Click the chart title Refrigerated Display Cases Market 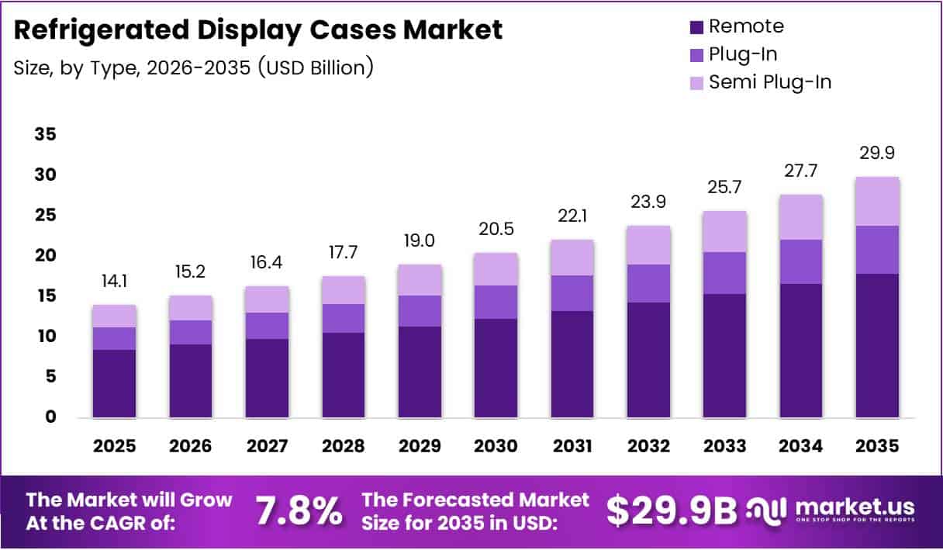258,30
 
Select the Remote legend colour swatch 696,27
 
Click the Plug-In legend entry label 742,54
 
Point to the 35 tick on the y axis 46,135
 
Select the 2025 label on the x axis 114,446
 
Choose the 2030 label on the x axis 496,446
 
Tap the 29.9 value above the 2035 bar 877,154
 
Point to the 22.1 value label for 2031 572,216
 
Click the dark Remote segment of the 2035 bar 877,345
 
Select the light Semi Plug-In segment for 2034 801,217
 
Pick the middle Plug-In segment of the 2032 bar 648,283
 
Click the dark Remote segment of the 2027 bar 267,378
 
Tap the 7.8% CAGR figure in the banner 299,510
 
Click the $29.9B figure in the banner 672,510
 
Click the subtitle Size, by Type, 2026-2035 194,67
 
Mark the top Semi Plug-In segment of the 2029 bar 420,280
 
